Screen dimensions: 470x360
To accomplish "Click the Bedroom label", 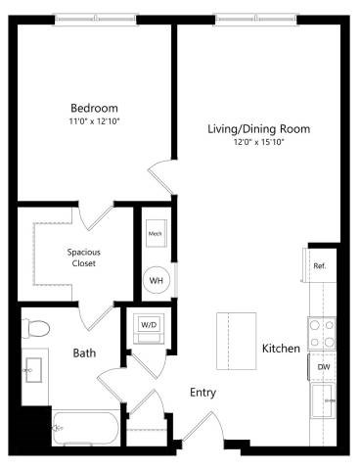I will click(94, 108).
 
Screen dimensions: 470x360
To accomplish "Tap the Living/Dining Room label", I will click(258, 129).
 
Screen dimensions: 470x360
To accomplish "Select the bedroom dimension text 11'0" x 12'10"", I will click(94, 121).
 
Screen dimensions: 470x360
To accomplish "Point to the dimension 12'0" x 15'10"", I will click(258, 143).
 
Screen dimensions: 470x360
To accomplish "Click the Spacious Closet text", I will click(83, 258).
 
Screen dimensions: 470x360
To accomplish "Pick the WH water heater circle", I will click(156, 280).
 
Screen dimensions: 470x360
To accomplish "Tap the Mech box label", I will click(155, 235).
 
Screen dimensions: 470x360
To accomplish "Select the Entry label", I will click(202, 393).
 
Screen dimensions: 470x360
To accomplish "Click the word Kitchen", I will click(281, 349).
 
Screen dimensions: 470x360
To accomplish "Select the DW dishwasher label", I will click(323, 368).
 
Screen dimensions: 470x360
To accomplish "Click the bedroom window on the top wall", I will click(94, 19).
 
